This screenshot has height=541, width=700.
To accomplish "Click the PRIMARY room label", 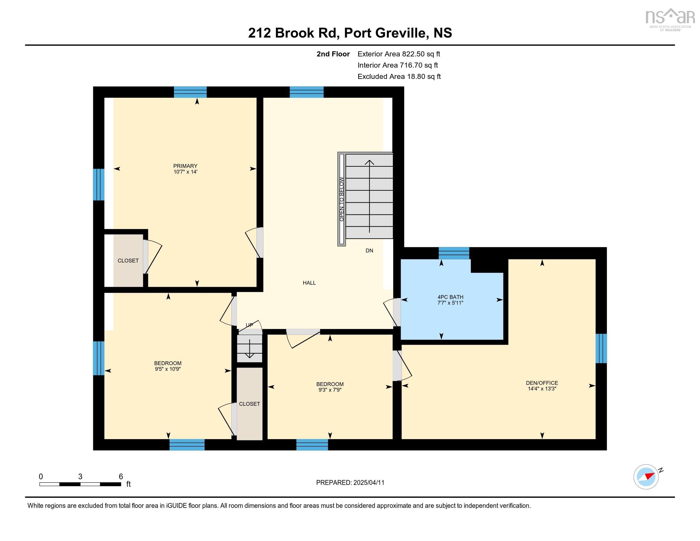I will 185,166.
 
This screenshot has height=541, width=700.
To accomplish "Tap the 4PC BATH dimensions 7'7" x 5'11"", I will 450,303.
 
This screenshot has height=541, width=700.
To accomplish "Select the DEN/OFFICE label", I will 542,383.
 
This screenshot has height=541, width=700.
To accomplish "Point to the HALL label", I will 309,283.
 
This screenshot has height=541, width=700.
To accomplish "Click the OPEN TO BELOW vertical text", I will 342,199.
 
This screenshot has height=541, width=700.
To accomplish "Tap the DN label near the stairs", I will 369,251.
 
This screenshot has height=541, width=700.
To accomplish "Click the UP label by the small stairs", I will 249,325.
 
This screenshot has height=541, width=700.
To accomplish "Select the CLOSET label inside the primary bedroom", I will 128,261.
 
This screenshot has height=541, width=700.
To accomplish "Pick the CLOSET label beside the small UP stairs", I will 249,404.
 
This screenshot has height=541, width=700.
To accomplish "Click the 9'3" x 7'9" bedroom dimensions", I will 330,390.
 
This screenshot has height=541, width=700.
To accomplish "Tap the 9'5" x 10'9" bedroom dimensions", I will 168,369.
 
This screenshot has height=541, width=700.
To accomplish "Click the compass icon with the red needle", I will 646,477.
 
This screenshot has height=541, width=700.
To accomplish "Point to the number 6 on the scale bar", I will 121,476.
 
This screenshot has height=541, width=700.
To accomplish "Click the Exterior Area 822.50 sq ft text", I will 399,54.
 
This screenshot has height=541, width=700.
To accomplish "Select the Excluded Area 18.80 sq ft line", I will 399,76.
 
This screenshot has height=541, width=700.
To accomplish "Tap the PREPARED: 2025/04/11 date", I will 350,482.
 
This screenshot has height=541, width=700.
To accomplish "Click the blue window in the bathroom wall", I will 453,253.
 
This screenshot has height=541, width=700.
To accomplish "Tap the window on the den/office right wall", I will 601,348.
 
